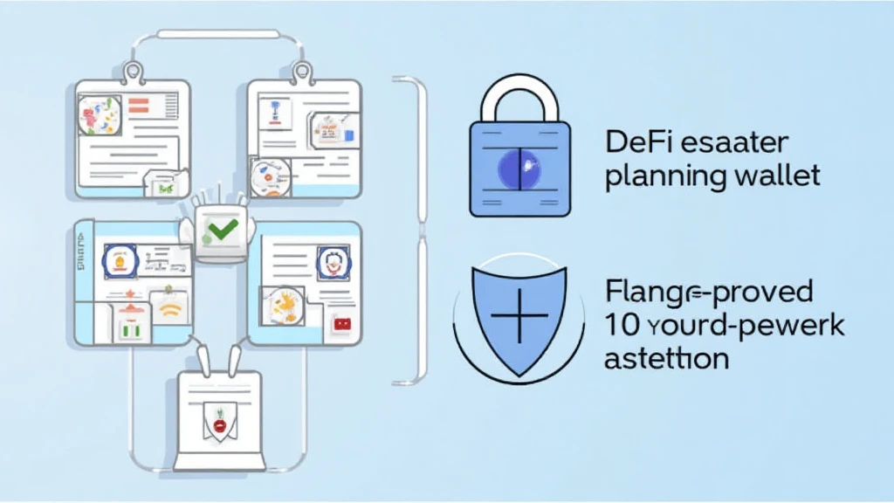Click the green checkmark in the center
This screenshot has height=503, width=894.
pyautogui.click(x=217, y=231)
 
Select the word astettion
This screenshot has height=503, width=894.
pyautogui.click(x=666, y=358)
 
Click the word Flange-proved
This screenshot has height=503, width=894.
pyautogui.click(x=708, y=291)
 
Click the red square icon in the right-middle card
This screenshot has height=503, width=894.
pyautogui.click(x=341, y=324)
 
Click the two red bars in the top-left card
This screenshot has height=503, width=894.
pyautogui.click(x=141, y=107)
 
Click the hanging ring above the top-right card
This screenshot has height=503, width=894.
pyautogui.click(x=302, y=72)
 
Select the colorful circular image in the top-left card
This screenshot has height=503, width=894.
pyautogui.click(x=99, y=116)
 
